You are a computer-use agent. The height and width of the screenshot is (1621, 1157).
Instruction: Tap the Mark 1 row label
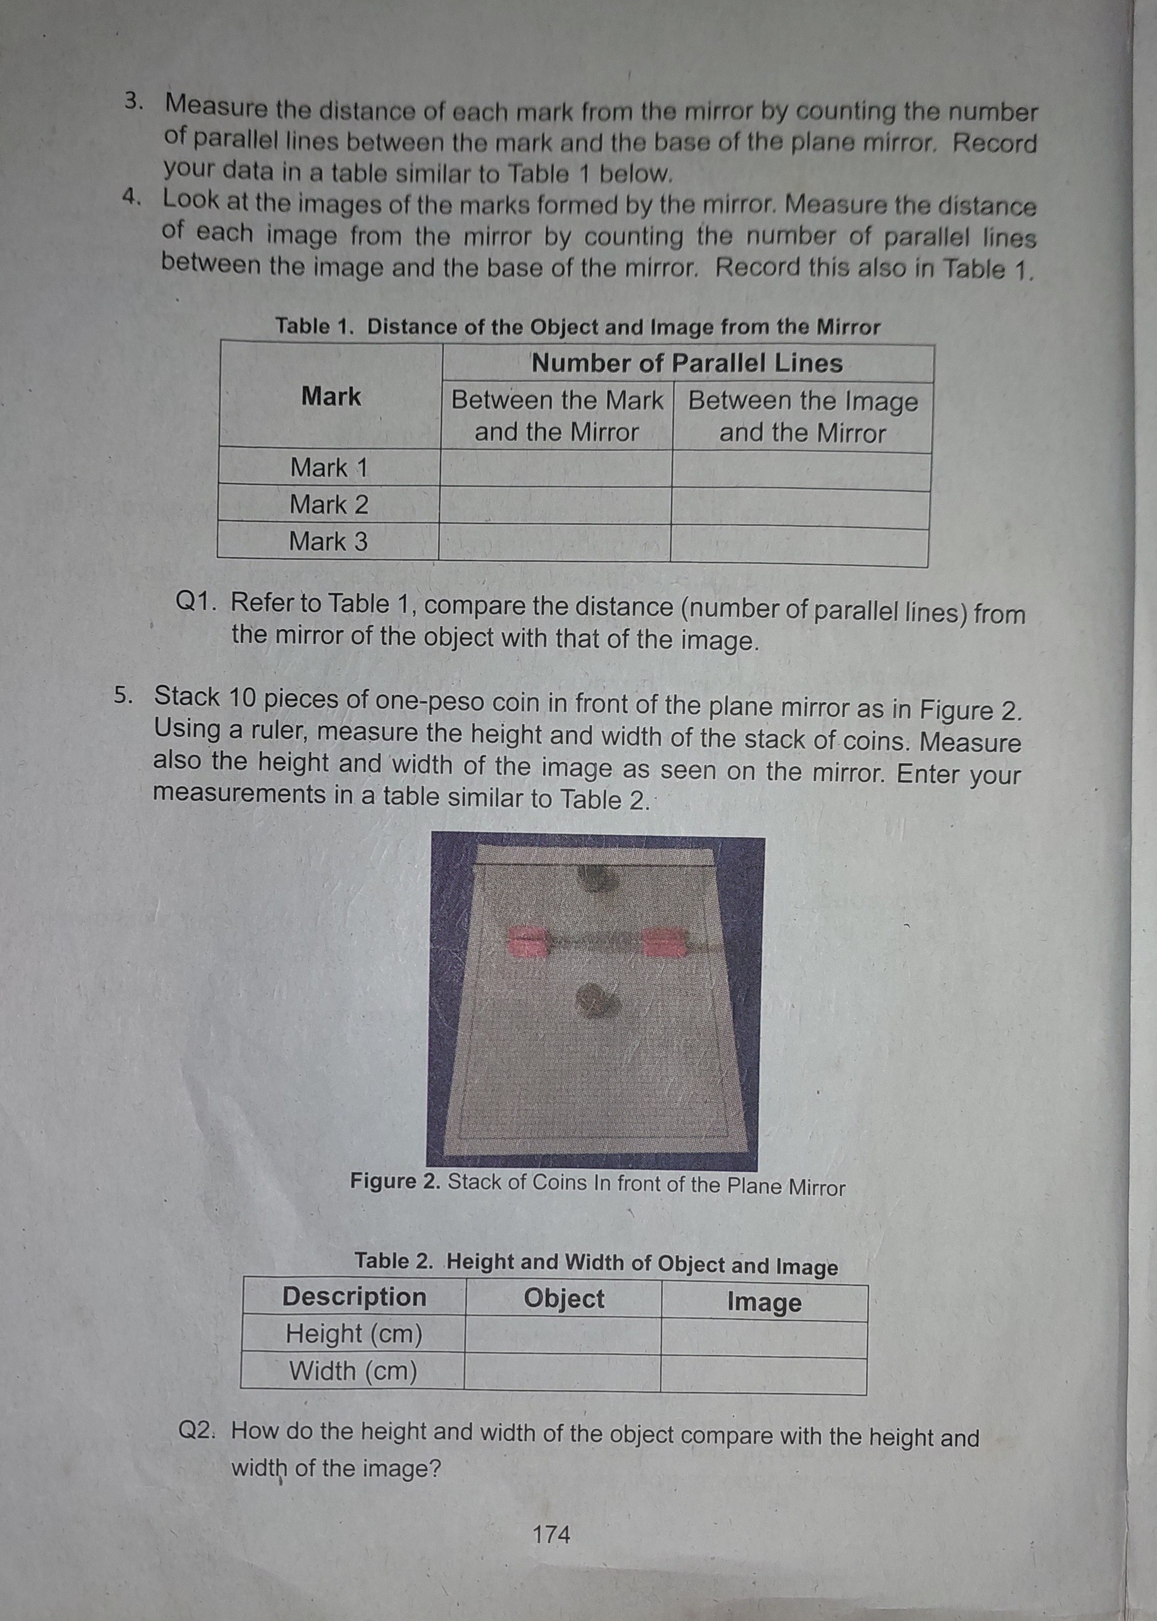[x=329, y=468]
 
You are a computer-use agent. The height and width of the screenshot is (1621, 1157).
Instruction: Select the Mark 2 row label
[x=329, y=505]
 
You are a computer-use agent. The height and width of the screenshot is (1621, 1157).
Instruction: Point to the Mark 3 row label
[x=328, y=542]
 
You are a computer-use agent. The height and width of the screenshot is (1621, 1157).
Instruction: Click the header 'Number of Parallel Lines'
[x=687, y=363]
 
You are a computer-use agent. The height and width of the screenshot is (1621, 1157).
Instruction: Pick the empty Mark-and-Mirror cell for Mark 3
[x=555, y=544]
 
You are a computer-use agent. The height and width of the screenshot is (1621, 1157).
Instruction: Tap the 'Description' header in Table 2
[x=354, y=1296]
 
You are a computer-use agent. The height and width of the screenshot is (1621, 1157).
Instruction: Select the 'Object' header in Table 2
[x=564, y=1298]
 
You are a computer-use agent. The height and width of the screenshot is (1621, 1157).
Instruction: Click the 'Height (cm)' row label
[x=354, y=1333]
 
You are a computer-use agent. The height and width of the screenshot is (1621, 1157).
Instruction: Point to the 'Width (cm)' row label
[x=352, y=1370]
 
